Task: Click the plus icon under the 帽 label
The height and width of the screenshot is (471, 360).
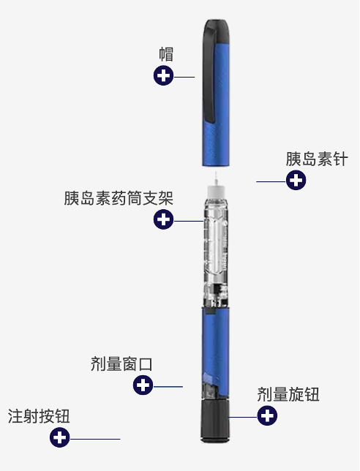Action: (x=163, y=75)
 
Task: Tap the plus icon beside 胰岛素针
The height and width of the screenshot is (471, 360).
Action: (x=296, y=180)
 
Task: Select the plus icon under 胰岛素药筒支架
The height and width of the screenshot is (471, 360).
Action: (x=163, y=219)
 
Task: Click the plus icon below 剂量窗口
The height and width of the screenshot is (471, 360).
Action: (x=143, y=385)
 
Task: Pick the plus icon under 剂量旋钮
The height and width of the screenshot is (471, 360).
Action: (x=269, y=416)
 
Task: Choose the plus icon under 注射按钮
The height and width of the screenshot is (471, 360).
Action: (x=59, y=438)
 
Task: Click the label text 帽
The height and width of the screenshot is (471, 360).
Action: (x=166, y=54)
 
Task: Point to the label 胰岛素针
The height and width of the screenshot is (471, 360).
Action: (x=316, y=159)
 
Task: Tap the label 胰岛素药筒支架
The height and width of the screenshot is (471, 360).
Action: (x=119, y=198)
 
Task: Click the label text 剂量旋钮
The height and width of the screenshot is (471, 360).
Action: (x=288, y=396)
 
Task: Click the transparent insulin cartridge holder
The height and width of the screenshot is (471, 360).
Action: (x=217, y=249)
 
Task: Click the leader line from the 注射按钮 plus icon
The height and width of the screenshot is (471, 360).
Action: (x=95, y=439)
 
